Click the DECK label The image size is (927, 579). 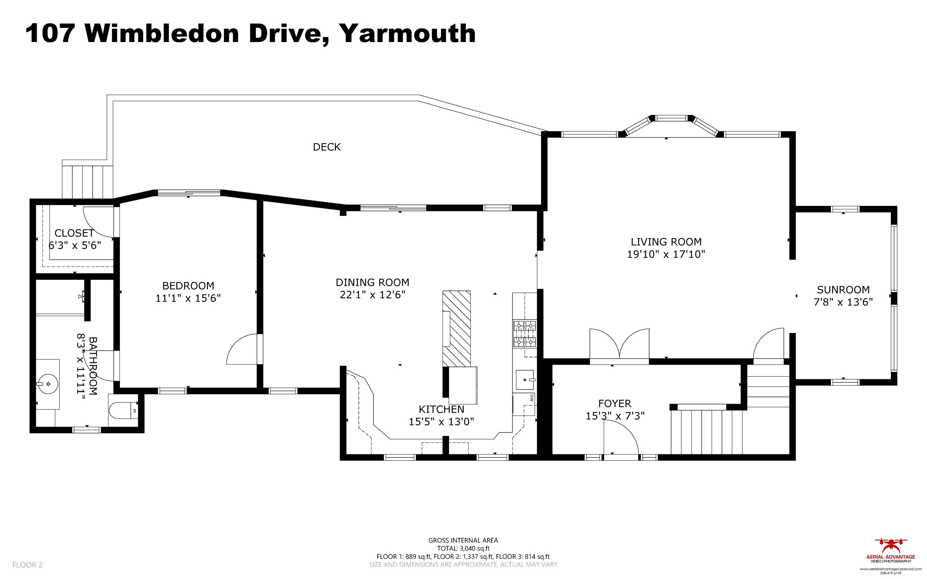[327, 147]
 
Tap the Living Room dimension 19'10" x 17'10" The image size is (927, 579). [666, 254]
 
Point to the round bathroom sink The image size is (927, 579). [48, 383]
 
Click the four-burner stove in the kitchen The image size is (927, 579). [524, 334]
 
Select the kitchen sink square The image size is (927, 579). [525, 380]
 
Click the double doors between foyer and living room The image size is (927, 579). [619, 345]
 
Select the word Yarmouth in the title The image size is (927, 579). [408, 34]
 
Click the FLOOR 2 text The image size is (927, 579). [27, 564]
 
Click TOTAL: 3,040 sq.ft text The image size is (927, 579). [463, 548]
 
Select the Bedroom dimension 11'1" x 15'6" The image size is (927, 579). [188, 298]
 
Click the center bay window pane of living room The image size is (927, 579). [672, 118]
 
